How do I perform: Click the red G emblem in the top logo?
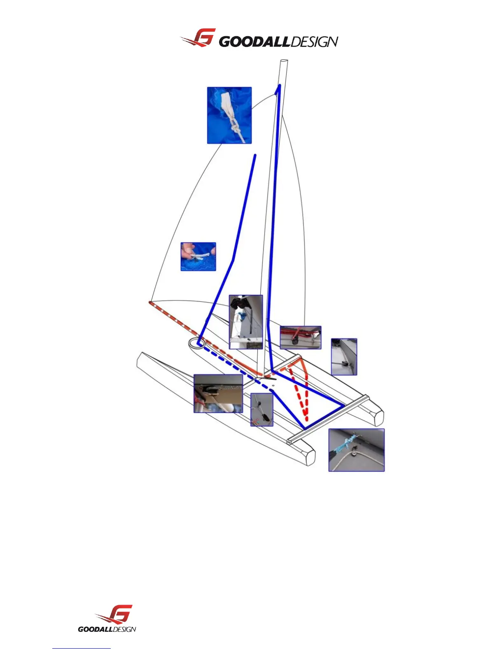201,38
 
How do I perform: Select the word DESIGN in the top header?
315,42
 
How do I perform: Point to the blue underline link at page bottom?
82,649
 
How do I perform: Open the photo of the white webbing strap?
229,115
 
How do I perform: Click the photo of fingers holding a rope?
198,256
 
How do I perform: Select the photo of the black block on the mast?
246,322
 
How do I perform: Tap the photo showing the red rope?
300,338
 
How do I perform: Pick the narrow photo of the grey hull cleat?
344,357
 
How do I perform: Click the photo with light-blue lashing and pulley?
356,450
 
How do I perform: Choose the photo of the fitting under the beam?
218,394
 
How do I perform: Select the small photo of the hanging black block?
262,410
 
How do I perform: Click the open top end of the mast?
283,61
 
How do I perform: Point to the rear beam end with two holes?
289,442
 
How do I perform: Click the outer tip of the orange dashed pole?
150,303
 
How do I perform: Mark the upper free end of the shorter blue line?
255,156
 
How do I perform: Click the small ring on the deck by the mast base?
273,385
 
